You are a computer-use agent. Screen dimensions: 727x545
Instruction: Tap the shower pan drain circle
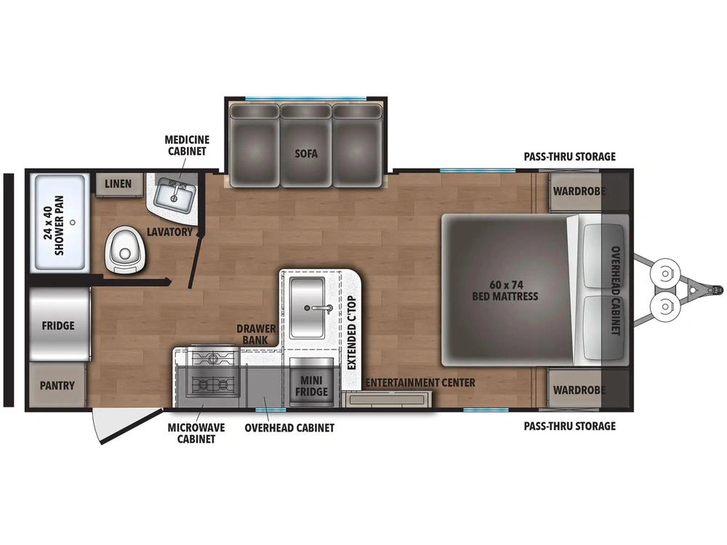coord(72,222)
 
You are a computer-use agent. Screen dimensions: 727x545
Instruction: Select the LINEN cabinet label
coord(118,184)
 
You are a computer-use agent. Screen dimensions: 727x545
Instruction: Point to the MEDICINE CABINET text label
coord(187,145)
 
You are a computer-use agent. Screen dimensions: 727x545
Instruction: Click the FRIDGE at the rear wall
coord(60,325)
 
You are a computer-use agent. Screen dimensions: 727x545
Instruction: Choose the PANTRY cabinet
coord(57,385)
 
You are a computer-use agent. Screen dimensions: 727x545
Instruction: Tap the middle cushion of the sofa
coord(305,145)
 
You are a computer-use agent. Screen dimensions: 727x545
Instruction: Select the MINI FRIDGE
coord(311,383)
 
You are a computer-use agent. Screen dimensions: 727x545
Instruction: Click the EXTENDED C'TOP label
coord(351,333)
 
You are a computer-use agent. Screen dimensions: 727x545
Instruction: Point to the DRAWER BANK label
coord(256,334)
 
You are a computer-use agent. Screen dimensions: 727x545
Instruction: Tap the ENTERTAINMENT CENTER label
coord(420,383)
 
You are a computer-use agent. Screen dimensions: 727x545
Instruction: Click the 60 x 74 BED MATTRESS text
coord(505,291)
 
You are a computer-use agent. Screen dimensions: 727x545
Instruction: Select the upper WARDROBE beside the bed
coord(579,192)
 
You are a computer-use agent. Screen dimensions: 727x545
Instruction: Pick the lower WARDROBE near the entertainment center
coord(579,389)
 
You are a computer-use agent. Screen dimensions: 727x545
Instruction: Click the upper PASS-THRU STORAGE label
coord(570,157)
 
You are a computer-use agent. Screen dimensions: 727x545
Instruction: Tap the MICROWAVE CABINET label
coord(196,433)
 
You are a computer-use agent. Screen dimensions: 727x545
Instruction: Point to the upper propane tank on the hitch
coord(665,273)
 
